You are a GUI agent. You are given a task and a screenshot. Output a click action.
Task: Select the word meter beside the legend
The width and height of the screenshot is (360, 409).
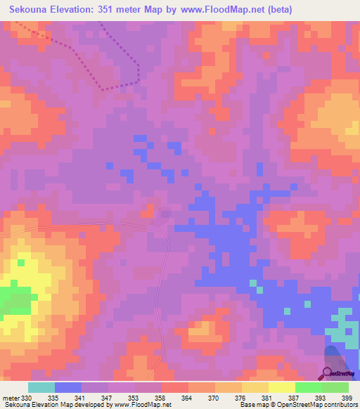coord(11,397)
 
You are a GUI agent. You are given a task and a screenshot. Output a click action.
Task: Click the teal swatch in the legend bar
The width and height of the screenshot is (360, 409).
coord(41,387)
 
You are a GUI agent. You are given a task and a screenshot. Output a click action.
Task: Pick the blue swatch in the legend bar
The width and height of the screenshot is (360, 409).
coord(68,387)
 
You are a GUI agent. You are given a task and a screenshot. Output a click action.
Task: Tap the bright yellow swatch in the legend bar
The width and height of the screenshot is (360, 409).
coord(281,387)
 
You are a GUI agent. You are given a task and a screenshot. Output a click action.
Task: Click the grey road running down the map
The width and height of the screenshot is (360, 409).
coord(167,281)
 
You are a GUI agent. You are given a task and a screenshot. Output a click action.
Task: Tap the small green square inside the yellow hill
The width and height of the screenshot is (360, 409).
coord(22,263)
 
